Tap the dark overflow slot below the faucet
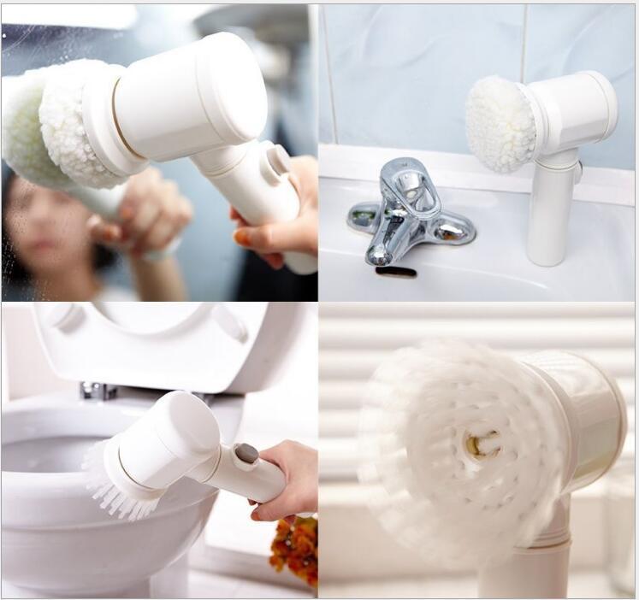[395, 272]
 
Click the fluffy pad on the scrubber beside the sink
[500, 125]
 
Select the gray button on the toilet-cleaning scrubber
[246, 453]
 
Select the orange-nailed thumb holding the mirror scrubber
[242, 238]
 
